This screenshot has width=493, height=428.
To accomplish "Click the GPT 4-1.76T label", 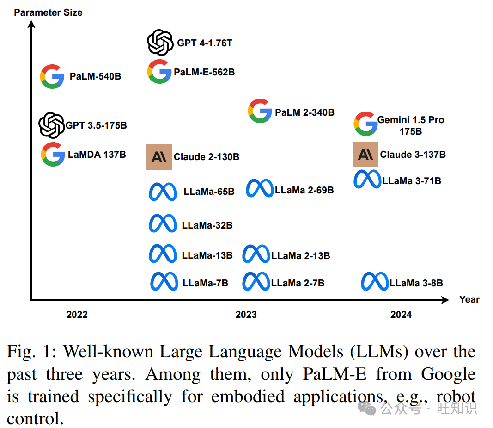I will pyautogui.click(x=205, y=43).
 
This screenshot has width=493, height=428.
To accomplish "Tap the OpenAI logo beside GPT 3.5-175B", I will pyautogui.click(x=51, y=125).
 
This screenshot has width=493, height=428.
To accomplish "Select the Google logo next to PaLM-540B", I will pyautogui.click(x=52, y=76).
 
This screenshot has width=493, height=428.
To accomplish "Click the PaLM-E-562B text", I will pyautogui.click(x=204, y=72).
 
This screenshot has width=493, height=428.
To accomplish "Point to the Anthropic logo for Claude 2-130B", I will pyautogui.click(x=159, y=157).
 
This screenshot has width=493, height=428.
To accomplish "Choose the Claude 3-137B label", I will pyautogui.click(x=413, y=155).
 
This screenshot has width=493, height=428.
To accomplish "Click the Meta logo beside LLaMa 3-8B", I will pyautogui.click(x=375, y=282).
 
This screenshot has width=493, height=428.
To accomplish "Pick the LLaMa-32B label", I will pyautogui.click(x=207, y=225).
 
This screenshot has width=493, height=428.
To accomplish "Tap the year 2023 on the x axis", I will pyautogui.click(x=246, y=315).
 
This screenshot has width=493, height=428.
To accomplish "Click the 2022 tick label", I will pyautogui.click(x=77, y=315).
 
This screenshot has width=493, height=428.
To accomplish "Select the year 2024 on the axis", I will pyautogui.click(x=401, y=315).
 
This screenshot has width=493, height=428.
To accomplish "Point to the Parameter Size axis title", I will pyautogui.click(x=48, y=12).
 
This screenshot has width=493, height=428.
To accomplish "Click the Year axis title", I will pyautogui.click(x=469, y=299).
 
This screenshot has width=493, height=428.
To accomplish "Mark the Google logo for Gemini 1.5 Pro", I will pyautogui.click(x=365, y=124).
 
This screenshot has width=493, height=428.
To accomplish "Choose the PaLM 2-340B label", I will pyautogui.click(x=304, y=112).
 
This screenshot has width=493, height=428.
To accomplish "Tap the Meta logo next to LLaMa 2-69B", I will pyautogui.click(x=259, y=188).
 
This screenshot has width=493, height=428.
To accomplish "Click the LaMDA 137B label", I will pyautogui.click(x=97, y=155).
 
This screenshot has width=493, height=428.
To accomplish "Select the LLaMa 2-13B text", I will pyautogui.click(x=300, y=256).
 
